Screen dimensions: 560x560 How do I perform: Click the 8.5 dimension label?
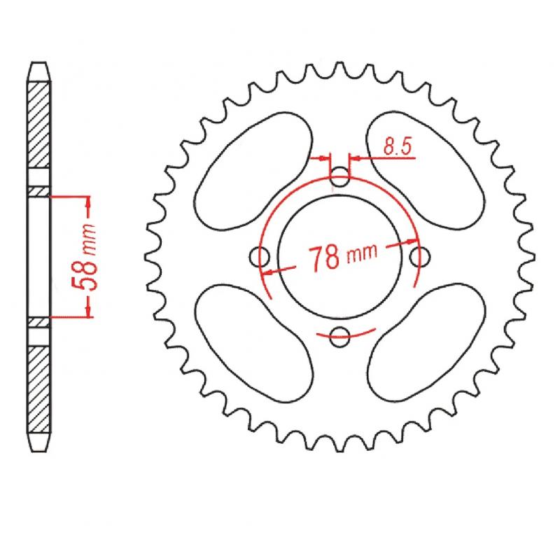pos(398,146)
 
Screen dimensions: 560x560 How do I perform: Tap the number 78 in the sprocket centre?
pos(324,258)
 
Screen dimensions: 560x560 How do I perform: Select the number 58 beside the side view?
pos(85,272)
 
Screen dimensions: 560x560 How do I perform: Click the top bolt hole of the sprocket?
pos(339,177)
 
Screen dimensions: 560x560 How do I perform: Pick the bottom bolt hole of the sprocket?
pos(339,337)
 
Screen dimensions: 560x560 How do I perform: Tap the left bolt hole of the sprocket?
pos(259,257)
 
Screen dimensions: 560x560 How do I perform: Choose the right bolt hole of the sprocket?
pos(419,257)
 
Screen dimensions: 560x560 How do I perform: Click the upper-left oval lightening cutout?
pos(253,171)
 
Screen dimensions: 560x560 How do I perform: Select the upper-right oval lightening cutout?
pos(426,170)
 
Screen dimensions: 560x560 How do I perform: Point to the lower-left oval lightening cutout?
pos(254,343)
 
